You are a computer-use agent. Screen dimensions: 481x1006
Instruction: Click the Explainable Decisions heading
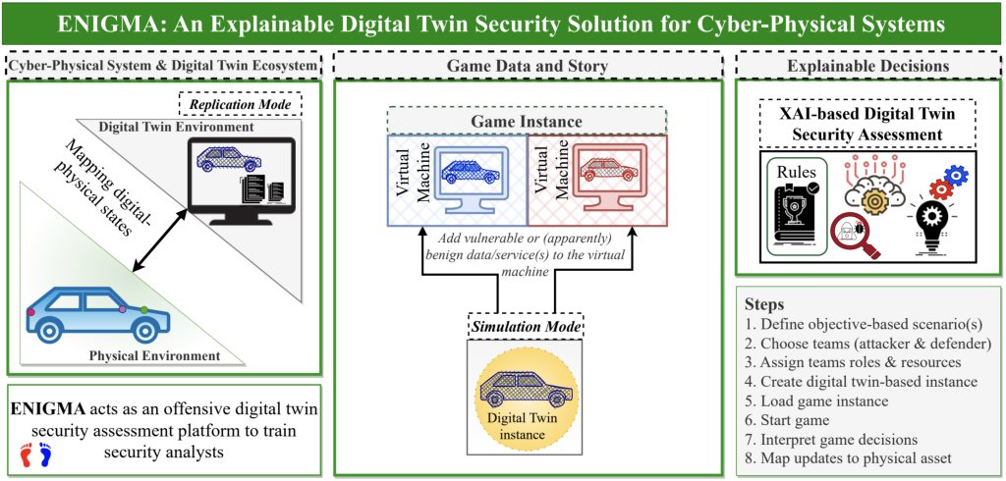click(x=869, y=65)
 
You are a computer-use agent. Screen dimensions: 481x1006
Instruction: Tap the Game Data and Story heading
click(x=528, y=65)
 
